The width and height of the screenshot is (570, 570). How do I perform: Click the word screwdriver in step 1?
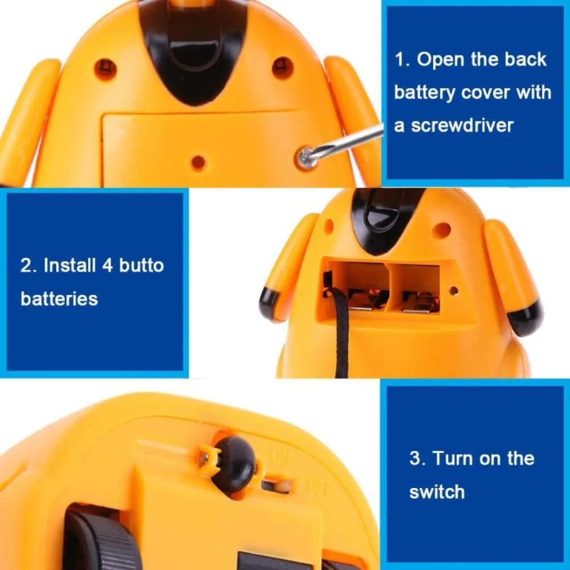tap(462, 125)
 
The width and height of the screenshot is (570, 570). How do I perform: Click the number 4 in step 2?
tap(107, 266)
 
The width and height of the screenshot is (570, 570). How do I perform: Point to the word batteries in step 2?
tap(59, 299)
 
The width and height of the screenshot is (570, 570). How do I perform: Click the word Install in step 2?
tap(69, 266)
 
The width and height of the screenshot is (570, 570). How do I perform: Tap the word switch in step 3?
tap(437, 492)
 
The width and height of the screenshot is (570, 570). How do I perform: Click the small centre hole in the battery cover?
tap(198, 162)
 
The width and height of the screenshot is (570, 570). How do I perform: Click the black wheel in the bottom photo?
tap(102, 538)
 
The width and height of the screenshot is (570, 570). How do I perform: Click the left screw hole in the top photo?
tap(106, 67)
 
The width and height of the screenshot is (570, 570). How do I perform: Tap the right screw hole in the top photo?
tap(283, 67)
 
